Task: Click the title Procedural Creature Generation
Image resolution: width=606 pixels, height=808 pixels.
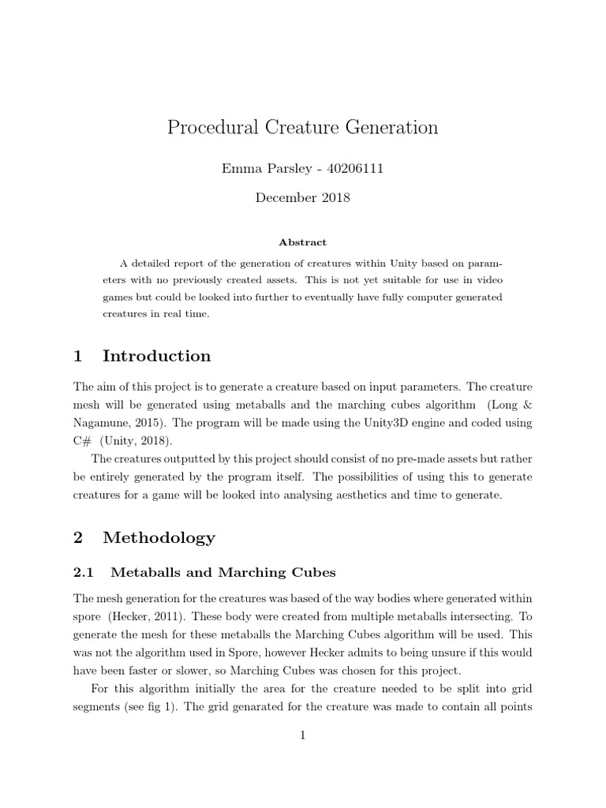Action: pos(302,127)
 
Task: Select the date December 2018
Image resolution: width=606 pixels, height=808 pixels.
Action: pos(302,197)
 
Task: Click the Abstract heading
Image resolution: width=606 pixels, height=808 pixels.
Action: pos(302,242)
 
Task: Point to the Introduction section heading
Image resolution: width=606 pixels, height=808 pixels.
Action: pos(156,356)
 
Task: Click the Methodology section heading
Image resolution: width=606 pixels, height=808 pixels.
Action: pos(159,538)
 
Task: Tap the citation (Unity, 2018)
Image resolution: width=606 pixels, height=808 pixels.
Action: pos(136,440)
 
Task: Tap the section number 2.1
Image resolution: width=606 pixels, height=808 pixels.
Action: pos(84,572)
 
